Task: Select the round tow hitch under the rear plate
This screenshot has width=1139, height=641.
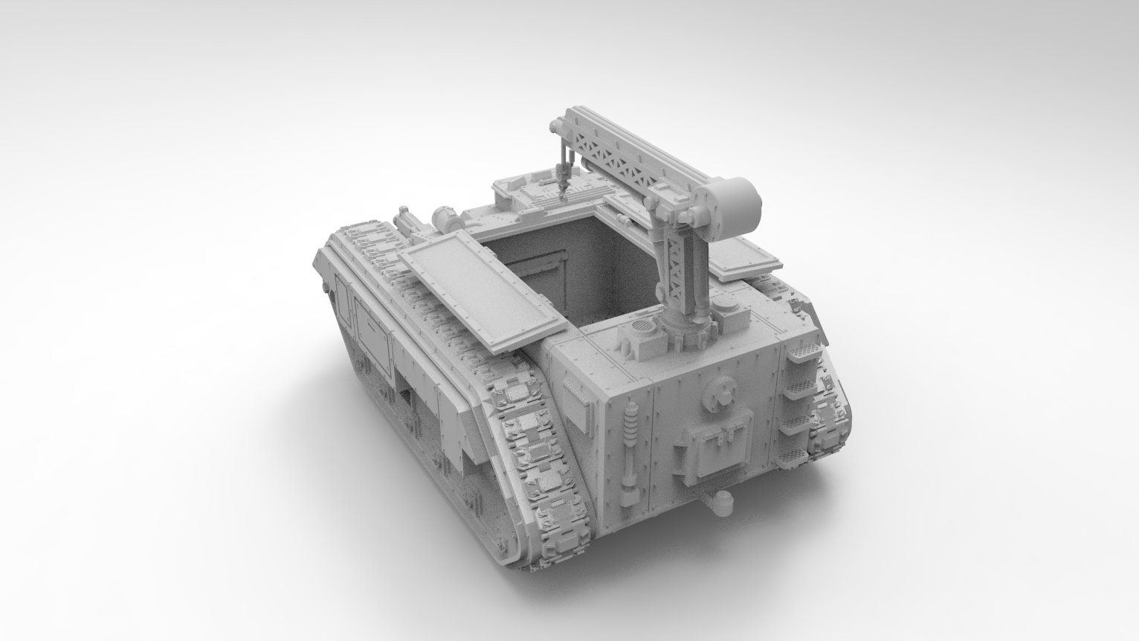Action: (x=720, y=503)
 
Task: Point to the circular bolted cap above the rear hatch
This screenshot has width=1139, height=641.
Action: (x=720, y=392)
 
